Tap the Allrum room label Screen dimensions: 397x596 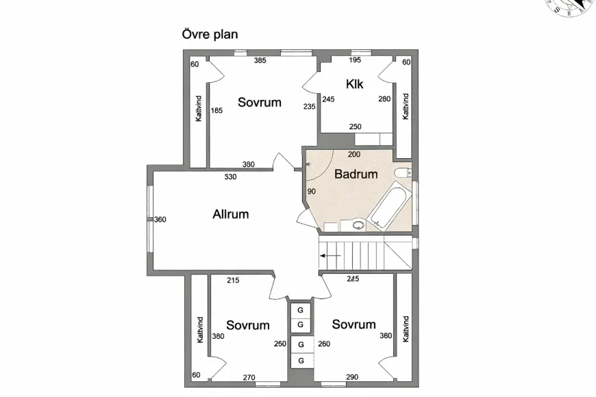pos(230,214)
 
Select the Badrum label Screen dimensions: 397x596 pos(356,174)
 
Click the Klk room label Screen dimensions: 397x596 pos(354,84)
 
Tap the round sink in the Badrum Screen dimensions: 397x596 pos(358,223)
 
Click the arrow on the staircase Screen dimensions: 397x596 pos(330,255)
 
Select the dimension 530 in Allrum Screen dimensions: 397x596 pos(231,177)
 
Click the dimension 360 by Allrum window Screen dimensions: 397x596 pos(160,220)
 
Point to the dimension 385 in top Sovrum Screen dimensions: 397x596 pos(260,61)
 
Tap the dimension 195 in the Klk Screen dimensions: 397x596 pos(355,61)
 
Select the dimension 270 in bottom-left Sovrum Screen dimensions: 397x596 pos(249,377)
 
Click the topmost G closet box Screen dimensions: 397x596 pos(300,310)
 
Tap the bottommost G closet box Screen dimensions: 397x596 pos(300,360)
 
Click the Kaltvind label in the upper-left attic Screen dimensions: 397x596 pos(199,108)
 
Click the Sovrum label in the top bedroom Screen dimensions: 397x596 pos(260,103)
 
